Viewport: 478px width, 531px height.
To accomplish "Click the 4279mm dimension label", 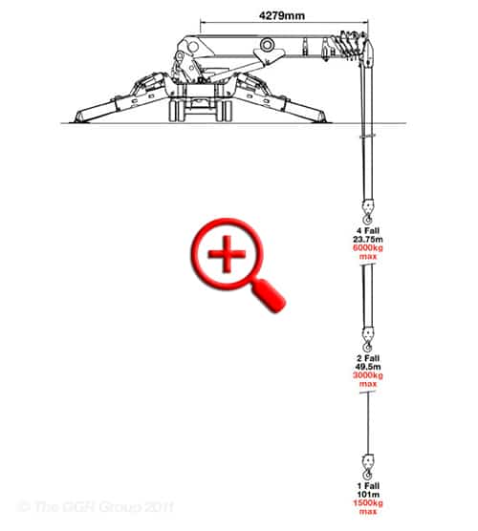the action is [282, 15].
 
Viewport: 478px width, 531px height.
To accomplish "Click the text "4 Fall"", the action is [368, 231].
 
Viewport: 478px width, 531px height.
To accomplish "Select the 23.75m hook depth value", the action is [368, 240].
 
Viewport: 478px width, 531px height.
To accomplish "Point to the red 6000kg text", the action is [368, 248].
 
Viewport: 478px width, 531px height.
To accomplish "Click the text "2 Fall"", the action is [368, 358].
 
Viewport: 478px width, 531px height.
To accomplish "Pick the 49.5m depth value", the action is [368, 367].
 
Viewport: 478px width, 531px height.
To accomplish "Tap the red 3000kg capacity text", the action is [368, 375].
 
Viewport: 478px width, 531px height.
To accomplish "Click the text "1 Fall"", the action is [368, 486].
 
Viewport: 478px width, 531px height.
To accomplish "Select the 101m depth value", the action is [368, 495].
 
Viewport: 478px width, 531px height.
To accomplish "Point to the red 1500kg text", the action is [368, 503].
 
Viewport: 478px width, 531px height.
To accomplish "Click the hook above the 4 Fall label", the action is [368, 212].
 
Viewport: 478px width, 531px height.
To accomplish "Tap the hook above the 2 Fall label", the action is [368, 340].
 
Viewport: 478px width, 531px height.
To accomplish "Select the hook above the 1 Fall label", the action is [368, 467].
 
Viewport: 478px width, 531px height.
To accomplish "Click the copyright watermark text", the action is [96, 507].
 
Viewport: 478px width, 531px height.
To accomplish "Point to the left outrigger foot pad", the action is [80, 118].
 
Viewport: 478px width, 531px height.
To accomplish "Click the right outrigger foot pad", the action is [320, 118].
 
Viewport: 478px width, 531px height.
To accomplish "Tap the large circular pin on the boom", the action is [267, 44].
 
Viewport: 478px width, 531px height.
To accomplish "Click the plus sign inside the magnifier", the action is [227, 254].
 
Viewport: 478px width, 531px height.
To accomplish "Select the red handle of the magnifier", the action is [269, 295].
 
